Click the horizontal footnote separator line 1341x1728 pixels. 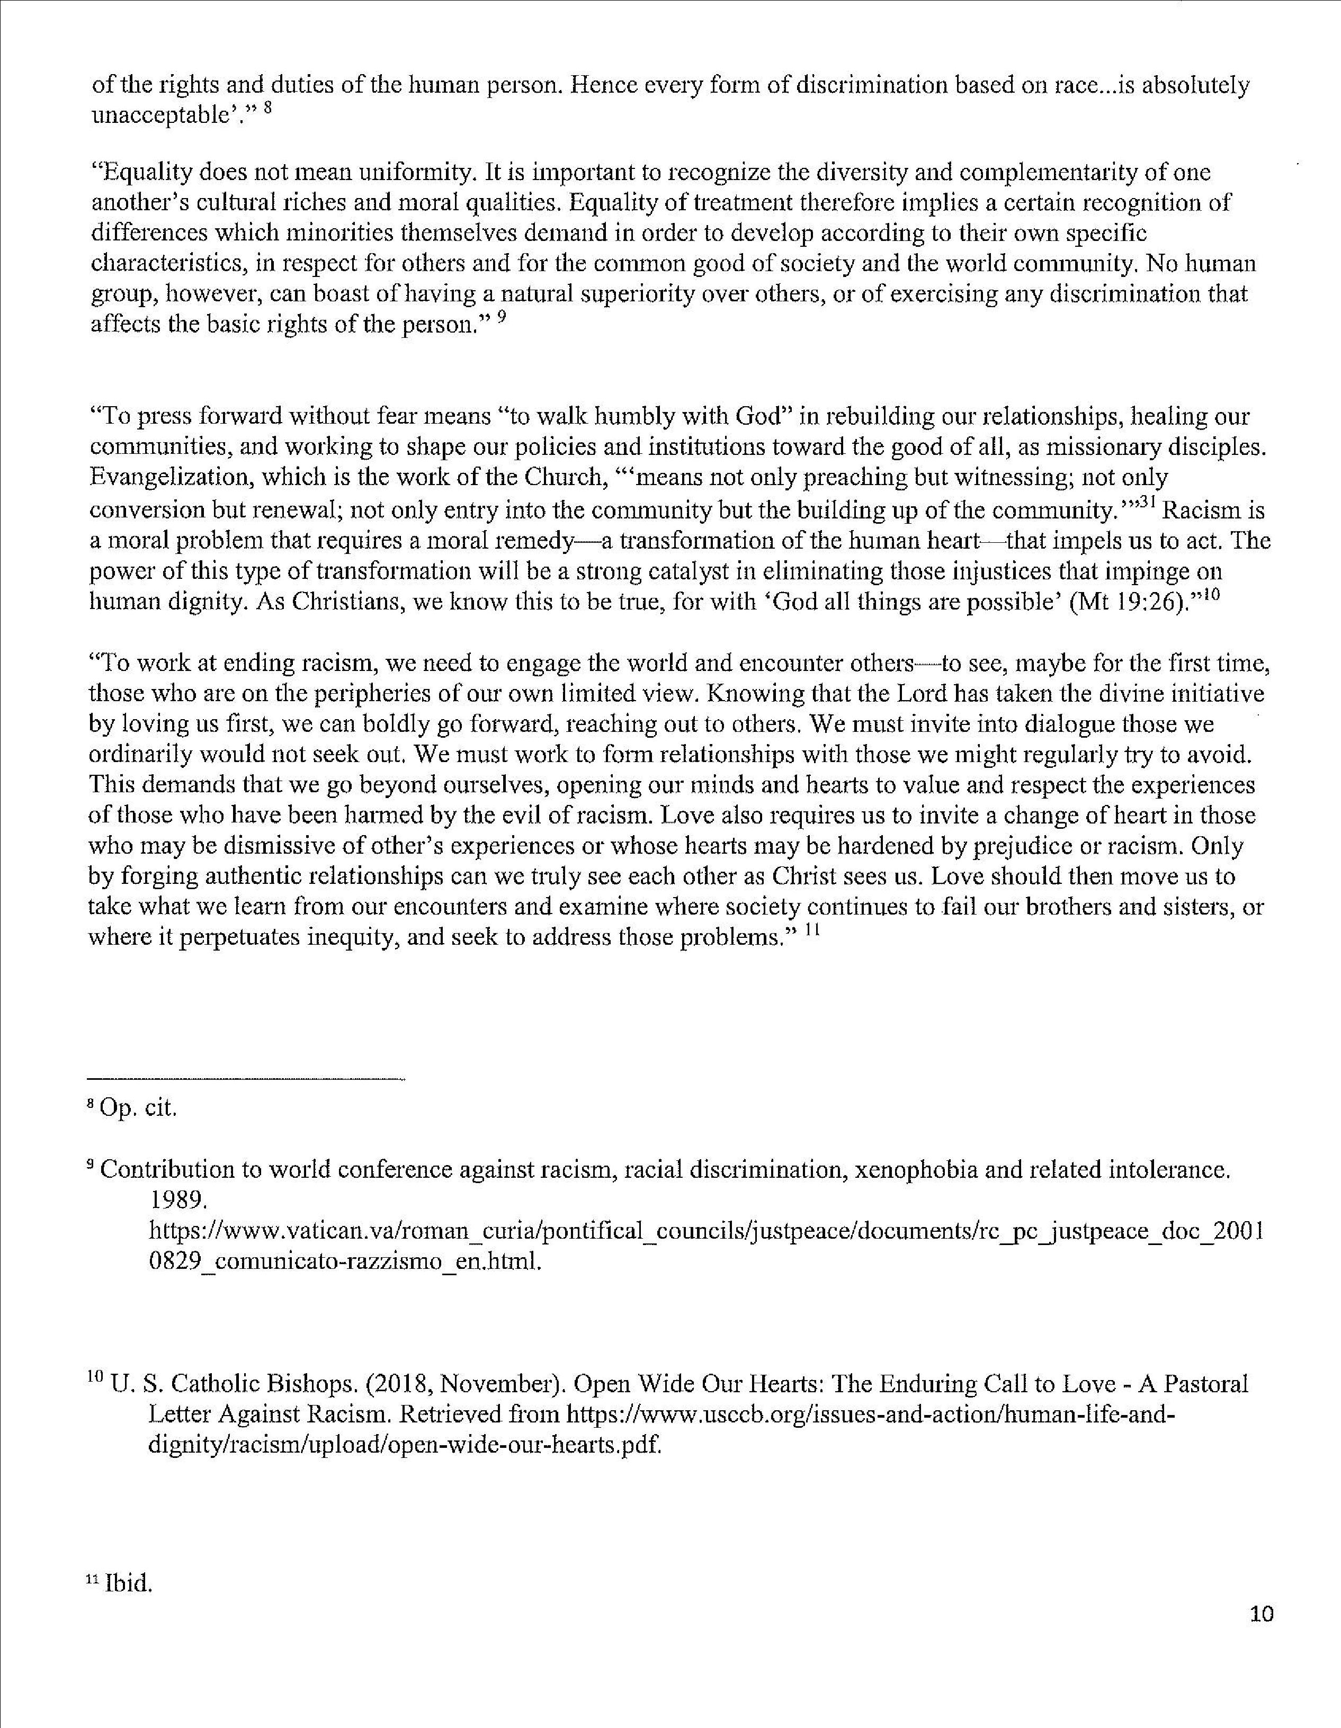(x=247, y=1078)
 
